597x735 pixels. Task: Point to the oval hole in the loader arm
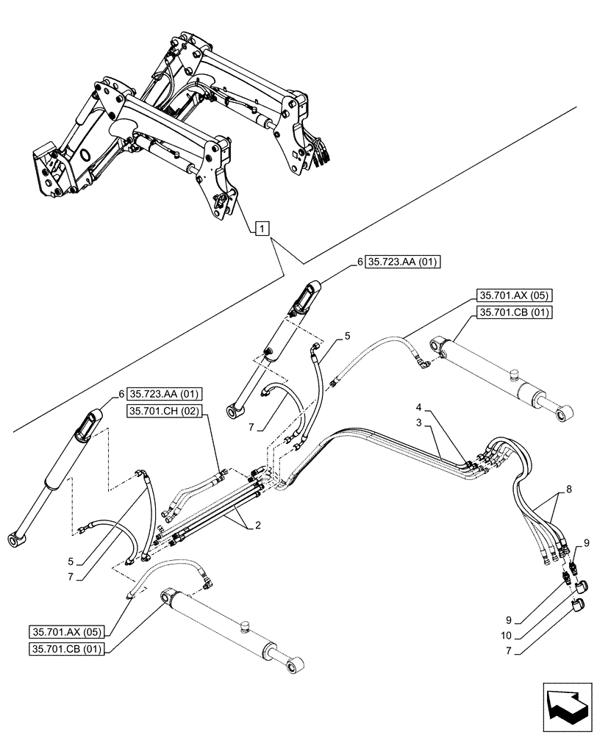[x=85, y=157]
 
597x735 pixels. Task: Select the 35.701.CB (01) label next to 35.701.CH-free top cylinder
[x=512, y=312]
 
